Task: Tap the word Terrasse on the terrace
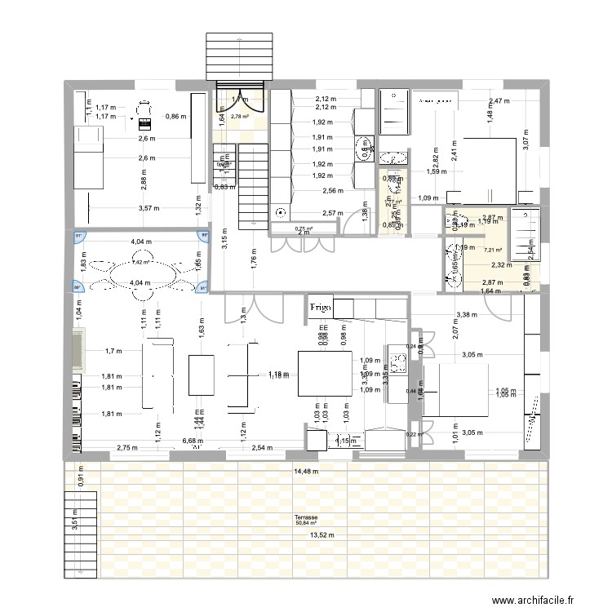pos(308,517)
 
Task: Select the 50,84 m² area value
pos(308,524)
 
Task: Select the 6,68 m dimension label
pos(193,441)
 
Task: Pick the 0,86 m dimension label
pos(175,117)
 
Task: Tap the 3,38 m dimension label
pos(467,314)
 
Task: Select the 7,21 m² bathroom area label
pos(494,251)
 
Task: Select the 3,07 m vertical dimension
pos(527,144)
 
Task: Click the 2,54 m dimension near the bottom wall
pos(263,448)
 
